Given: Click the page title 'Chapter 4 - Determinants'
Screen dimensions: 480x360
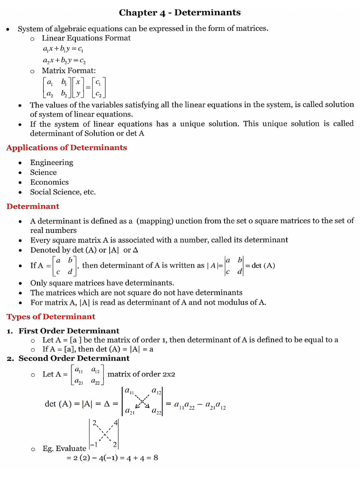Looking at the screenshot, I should pyautogui.click(x=180, y=12).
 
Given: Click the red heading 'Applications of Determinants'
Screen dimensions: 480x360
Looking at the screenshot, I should pyautogui.click(x=66, y=148).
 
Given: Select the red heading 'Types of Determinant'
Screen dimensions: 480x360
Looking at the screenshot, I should pyautogui.click(x=51, y=316).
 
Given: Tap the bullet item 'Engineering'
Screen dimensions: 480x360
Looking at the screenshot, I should pyautogui.click(x=52, y=163).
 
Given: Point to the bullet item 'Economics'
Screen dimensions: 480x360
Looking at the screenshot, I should pyautogui.click(x=49, y=182).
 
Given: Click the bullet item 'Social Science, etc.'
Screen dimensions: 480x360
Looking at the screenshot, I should pyautogui.click(x=63, y=192).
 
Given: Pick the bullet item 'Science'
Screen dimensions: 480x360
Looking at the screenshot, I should pyautogui.click(x=43, y=172).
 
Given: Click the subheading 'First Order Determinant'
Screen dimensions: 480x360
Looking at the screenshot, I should pyautogui.click(x=69, y=331).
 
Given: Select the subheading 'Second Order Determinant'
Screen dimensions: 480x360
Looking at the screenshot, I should pyautogui.click(x=74, y=359).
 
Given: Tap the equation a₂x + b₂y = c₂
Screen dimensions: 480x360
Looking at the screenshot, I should pyautogui.click(x=64, y=60).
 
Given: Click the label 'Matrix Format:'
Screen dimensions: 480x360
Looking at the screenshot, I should pyautogui.click(x=68, y=71).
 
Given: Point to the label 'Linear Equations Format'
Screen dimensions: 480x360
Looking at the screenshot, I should pyautogui.click(x=86, y=38).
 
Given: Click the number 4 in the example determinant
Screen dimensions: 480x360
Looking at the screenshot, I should pyautogui.click(x=115, y=423).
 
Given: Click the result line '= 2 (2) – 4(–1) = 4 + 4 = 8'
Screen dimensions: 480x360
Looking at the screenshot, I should pyautogui.click(x=112, y=458).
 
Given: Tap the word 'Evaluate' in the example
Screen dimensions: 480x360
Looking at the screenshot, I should pyautogui.click(x=70, y=449).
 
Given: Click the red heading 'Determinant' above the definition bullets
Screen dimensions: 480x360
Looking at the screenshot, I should pyautogui.click(x=33, y=206).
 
